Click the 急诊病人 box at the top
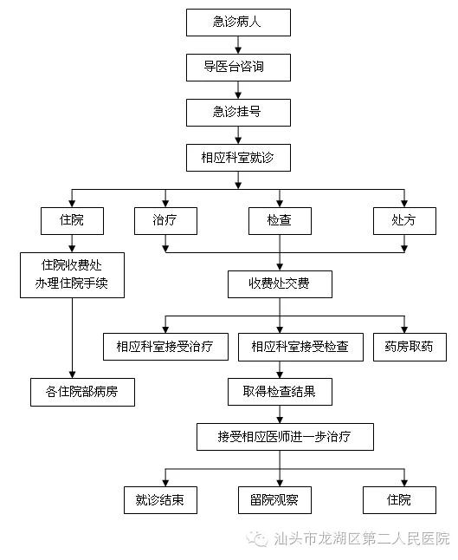click(x=238, y=23)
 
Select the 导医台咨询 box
click(x=238, y=68)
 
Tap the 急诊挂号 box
click(x=238, y=113)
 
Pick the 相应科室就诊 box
click(x=238, y=158)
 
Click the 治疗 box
click(x=165, y=221)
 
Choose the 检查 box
click(x=280, y=221)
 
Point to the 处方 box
click(x=404, y=221)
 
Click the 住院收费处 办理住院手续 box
click(x=72, y=275)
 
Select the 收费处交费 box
click(x=280, y=284)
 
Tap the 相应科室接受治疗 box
click(x=165, y=347)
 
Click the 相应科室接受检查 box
click(x=300, y=347)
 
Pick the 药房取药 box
click(x=410, y=347)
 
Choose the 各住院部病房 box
click(x=82, y=392)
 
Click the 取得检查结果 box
click(x=280, y=392)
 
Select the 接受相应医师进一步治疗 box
click(x=285, y=437)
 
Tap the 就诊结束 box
click(x=160, y=500)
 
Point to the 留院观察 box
click(x=274, y=500)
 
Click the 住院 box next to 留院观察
click(x=399, y=500)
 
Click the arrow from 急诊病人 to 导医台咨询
click(x=238, y=45)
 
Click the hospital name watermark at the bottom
click(x=348, y=538)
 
